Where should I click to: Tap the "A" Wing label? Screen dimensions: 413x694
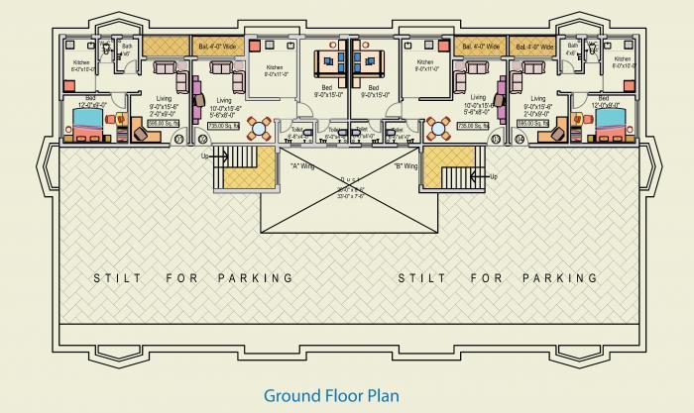[x=301, y=165]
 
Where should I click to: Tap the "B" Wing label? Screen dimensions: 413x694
[x=405, y=166]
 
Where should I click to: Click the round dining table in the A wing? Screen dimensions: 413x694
[x=259, y=129]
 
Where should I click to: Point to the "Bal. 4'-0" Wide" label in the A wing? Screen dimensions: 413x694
[x=216, y=46]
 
